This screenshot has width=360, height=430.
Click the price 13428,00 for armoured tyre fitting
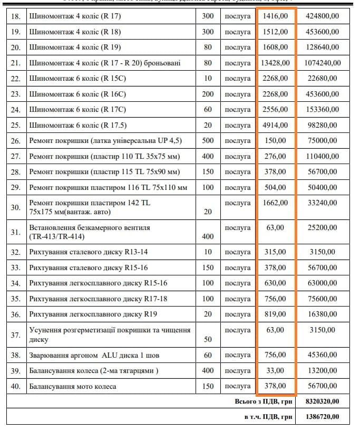[x=275, y=63]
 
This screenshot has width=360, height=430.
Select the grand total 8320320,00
[x=322, y=402]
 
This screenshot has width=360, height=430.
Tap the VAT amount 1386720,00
[x=322, y=417]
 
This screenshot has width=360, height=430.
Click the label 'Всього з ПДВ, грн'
[x=263, y=402]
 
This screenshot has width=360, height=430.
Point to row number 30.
[x=16, y=207]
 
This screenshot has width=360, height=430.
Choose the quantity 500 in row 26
[x=208, y=141]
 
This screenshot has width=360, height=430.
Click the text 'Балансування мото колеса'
[x=73, y=386]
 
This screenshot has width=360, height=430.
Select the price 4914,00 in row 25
[x=275, y=125]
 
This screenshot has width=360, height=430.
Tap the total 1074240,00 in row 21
[x=322, y=63]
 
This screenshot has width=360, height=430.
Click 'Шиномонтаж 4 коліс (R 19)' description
[x=75, y=47]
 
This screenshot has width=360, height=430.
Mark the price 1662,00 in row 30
[x=275, y=203]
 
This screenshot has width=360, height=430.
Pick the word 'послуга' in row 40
[x=238, y=386]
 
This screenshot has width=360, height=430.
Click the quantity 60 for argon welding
[x=208, y=355]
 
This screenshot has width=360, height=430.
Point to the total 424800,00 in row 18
[x=322, y=16]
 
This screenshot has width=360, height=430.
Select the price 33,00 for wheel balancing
[x=275, y=370]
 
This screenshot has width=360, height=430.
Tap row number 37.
[x=16, y=335]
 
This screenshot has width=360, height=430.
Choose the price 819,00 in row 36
[x=275, y=314]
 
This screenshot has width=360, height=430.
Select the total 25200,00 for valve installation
[x=322, y=228]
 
